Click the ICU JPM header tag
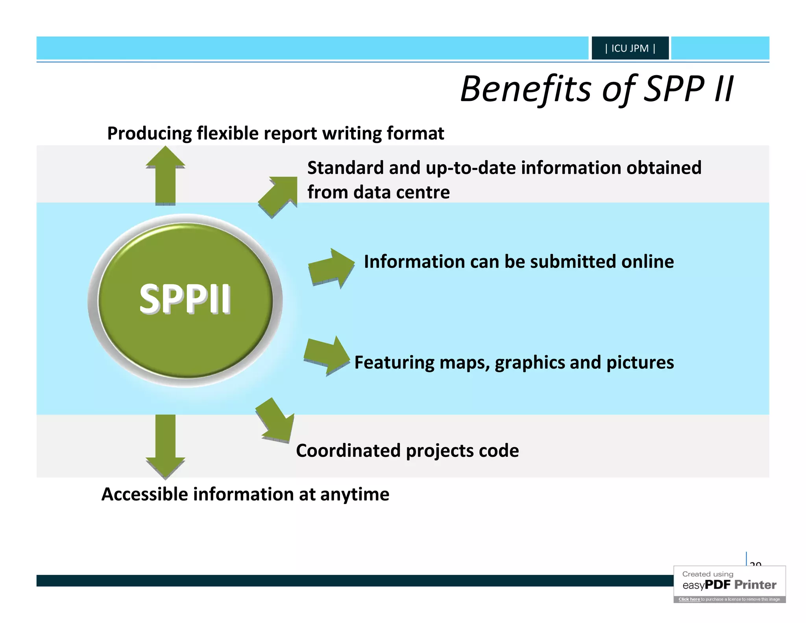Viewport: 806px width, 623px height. [x=630, y=48]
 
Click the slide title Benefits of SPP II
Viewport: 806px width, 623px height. [x=597, y=89]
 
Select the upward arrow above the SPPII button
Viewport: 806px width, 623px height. [x=165, y=175]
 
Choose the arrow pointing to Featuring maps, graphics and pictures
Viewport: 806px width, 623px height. [x=327, y=356]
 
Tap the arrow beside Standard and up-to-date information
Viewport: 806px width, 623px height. [x=279, y=196]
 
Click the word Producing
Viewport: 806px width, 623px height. [x=149, y=134]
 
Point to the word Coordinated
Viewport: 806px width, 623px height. [x=348, y=451]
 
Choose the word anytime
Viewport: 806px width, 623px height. [x=355, y=494]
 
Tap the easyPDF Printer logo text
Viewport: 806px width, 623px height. [x=729, y=585]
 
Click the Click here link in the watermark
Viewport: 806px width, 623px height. [x=689, y=599]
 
